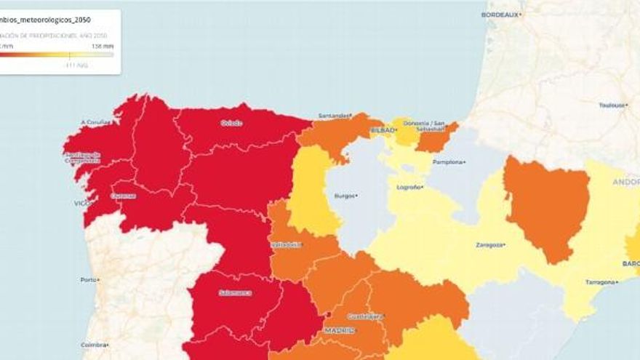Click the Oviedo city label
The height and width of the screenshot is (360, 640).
pyautogui.click(x=231, y=123)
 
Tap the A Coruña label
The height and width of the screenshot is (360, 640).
pyautogui.click(x=95, y=122)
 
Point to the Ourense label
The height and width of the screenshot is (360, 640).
pyautogui.click(x=124, y=196)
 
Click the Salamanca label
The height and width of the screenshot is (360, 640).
pyautogui.click(x=235, y=292)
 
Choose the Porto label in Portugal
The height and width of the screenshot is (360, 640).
pyautogui.click(x=89, y=280)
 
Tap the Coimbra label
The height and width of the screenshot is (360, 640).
pyautogui.click(x=92, y=345)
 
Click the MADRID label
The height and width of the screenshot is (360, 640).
pyautogui.click(x=340, y=330)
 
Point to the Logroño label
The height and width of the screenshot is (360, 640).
pyautogui.click(x=409, y=187)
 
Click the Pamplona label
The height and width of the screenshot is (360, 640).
pyautogui.click(x=447, y=162)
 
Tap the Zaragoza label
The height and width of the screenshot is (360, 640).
pyautogui.click(x=489, y=244)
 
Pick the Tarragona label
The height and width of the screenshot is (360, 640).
pyautogui.click(x=601, y=282)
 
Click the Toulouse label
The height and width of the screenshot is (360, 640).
pyautogui.click(x=612, y=105)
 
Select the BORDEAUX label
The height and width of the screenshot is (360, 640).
pyautogui.click(x=501, y=15)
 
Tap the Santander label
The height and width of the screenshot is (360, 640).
pyautogui.click(x=334, y=115)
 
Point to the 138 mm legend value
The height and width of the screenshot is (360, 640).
pyautogui.click(x=102, y=46)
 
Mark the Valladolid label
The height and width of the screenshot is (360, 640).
pyautogui.click(x=286, y=244)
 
